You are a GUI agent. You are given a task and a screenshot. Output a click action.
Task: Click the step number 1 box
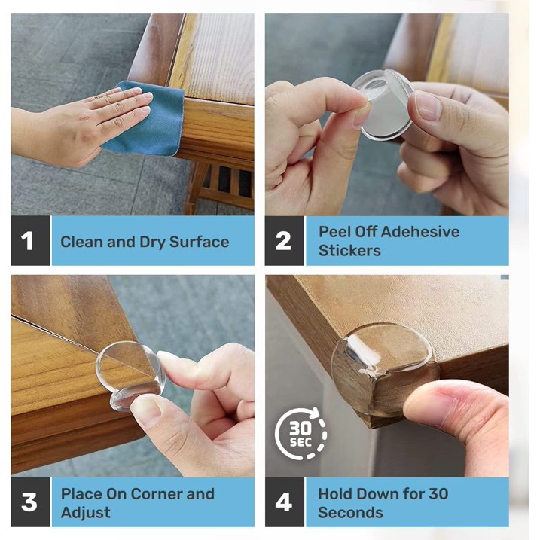tap(30, 241)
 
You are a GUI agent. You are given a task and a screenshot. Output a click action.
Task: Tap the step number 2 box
tap(285, 241)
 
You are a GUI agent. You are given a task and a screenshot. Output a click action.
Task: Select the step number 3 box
tap(30, 502)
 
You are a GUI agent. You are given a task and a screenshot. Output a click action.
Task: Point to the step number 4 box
tap(285, 502)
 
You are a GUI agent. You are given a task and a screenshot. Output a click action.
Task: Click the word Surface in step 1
tap(199, 242)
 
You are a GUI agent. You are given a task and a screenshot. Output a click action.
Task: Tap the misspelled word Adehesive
tap(420, 232)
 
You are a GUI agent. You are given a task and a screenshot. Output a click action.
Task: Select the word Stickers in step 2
tap(349, 250)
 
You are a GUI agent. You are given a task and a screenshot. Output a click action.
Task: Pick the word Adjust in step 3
tap(86, 513)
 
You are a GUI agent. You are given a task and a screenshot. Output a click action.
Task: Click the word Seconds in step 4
tap(350, 512)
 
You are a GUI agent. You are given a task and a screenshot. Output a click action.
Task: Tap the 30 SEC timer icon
tap(301, 433)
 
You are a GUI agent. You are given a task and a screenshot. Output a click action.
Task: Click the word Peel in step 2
tap(334, 232)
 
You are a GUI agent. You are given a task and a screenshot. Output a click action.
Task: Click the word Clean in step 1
tap(82, 242)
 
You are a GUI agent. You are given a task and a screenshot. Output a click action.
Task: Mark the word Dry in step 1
tap(152, 243)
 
